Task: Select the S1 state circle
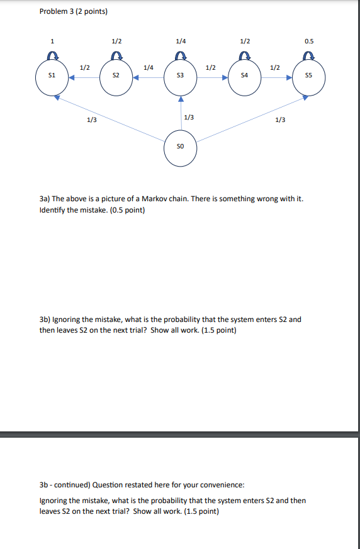(x=52, y=77)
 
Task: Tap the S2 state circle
(x=116, y=77)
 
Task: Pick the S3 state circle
(x=180, y=77)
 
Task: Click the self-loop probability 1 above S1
(x=52, y=42)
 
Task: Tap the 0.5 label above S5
(x=308, y=42)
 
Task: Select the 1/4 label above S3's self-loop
(x=181, y=42)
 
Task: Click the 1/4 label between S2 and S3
(x=149, y=67)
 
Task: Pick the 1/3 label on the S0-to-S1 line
(x=91, y=119)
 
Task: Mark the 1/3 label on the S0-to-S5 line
(x=280, y=119)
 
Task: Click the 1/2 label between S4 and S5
(x=275, y=67)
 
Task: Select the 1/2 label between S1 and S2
(x=84, y=67)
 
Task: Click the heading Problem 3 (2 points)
(x=73, y=11)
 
